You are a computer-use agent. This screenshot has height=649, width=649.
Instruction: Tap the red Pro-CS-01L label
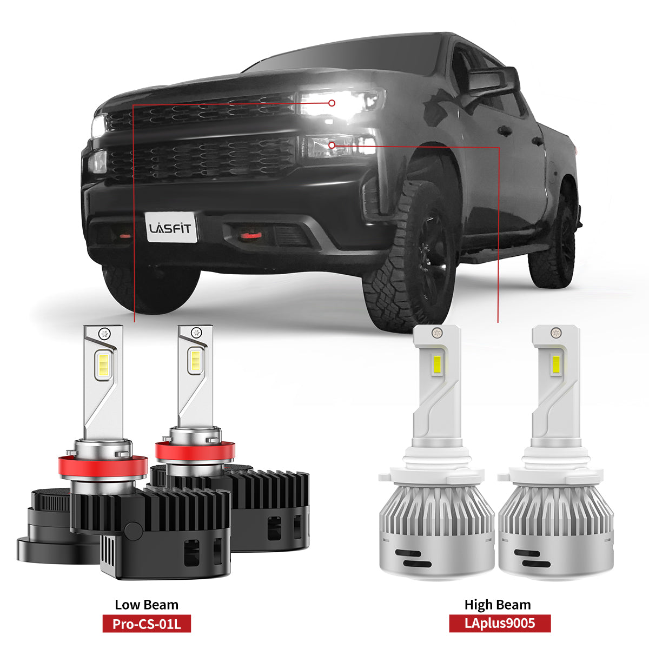pos(147,624)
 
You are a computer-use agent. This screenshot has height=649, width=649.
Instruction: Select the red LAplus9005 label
pos(500,623)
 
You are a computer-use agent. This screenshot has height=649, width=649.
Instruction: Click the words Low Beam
pos(147,605)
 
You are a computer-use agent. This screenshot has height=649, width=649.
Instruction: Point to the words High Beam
pos(498,605)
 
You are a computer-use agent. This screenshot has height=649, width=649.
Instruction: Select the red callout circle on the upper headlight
pos(332,103)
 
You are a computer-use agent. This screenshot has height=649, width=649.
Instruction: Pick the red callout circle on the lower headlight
pos(332,145)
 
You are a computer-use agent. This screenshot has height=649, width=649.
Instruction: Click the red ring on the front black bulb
pos(103,465)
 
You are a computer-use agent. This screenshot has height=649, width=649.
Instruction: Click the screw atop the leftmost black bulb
pos(103,334)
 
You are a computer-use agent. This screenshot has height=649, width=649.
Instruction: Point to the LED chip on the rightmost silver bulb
pos(556,366)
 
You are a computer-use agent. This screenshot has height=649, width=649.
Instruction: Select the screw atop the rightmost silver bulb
pos(556,333)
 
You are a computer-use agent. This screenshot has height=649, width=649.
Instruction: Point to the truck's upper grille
pos(202,111)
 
